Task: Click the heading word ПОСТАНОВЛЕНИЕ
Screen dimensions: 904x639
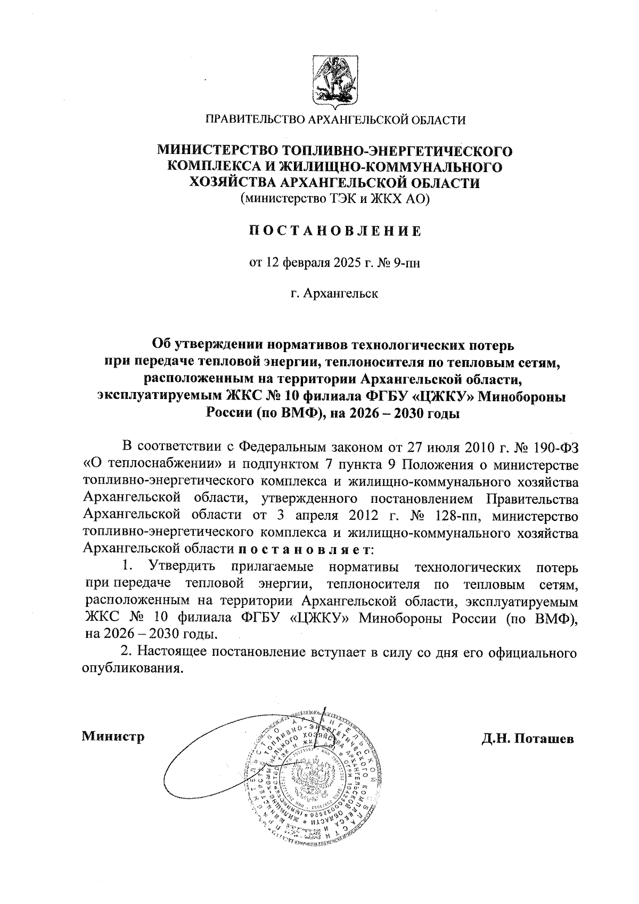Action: [x=335, y=231]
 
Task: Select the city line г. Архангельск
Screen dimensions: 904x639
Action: [x=335, y=294]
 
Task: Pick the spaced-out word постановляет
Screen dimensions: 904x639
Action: [x=306, y=549]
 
